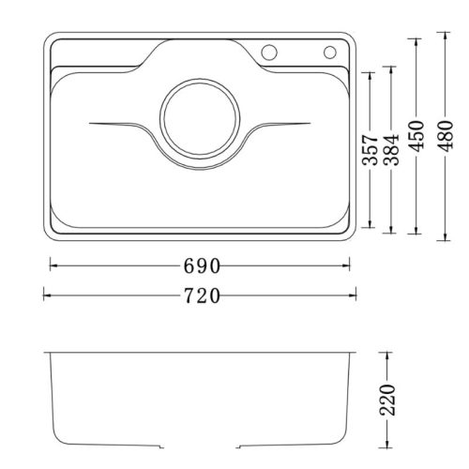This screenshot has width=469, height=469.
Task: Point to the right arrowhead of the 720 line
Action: (353, 295)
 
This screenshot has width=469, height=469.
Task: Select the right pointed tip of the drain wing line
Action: (310, 124)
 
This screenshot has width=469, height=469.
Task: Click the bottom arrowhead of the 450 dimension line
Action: (414, 232)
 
